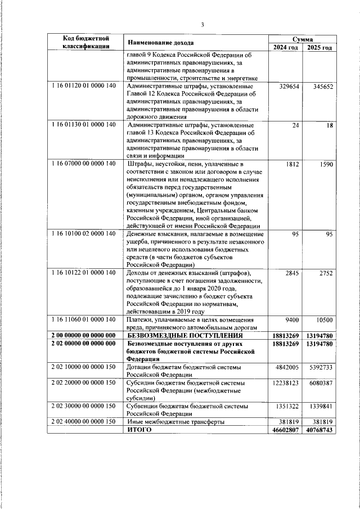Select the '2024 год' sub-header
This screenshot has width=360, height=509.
[x=286, y=47]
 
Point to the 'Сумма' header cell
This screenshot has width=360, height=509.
[x=303, y=39]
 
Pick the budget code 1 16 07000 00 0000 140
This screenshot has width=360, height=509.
[x=83, y=164]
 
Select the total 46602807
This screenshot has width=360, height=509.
[x=286, y=429]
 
